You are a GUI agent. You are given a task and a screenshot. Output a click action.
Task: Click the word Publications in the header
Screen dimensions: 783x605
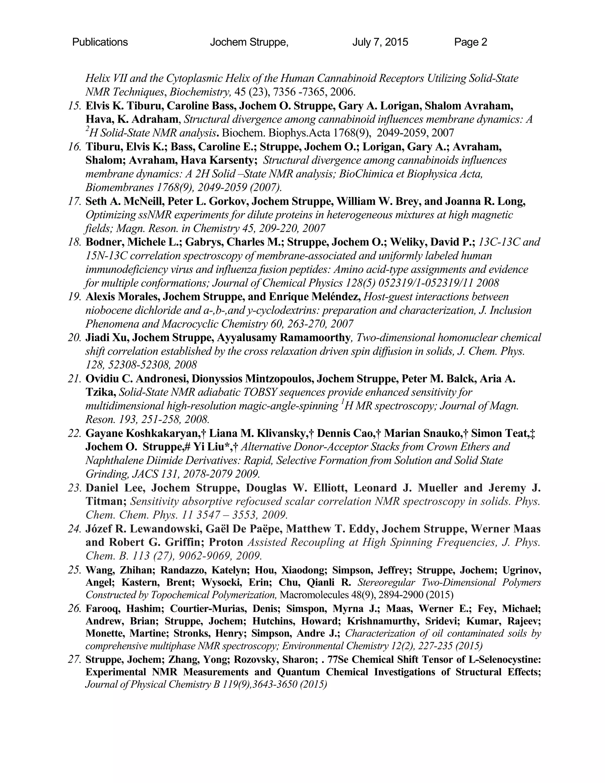[x=100, y=42]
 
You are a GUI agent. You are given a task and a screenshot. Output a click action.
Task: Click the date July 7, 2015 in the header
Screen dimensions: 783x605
[x=380, y=42]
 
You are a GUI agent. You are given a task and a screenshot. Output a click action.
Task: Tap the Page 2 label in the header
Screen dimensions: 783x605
[x=471, y=42]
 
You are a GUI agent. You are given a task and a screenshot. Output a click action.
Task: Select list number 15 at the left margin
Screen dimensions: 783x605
[x=74, y=106]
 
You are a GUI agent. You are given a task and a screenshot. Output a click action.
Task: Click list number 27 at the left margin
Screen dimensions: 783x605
[x=74, y=659]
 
